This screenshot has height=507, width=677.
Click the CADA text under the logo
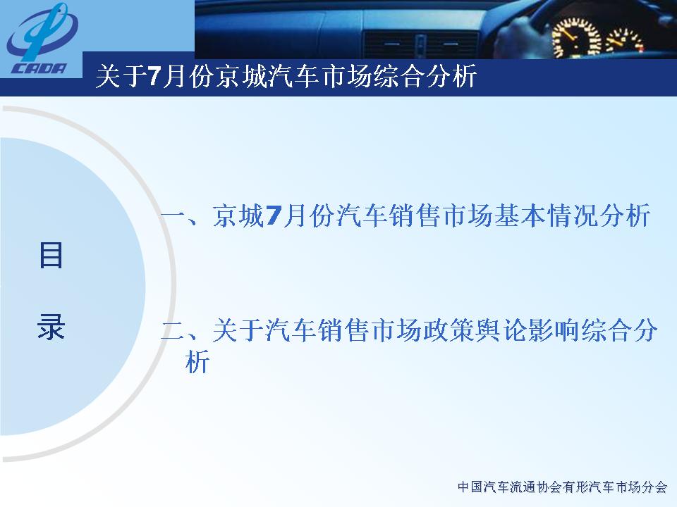point(39,68)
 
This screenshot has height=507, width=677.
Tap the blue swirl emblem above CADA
point(42,33)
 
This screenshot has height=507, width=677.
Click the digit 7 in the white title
point(154,77)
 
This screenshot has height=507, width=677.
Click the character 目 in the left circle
point(51,255)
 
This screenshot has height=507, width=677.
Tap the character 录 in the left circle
point(51,326)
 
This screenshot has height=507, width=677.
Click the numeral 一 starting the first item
point(173,215)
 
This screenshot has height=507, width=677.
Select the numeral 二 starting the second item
point(173,331)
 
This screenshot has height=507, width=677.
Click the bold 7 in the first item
point(274,215)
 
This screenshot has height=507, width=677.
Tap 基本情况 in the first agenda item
point(546,215)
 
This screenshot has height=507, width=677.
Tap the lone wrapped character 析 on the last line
point(197,361)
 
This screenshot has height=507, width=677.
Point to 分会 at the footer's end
point(654,487)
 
